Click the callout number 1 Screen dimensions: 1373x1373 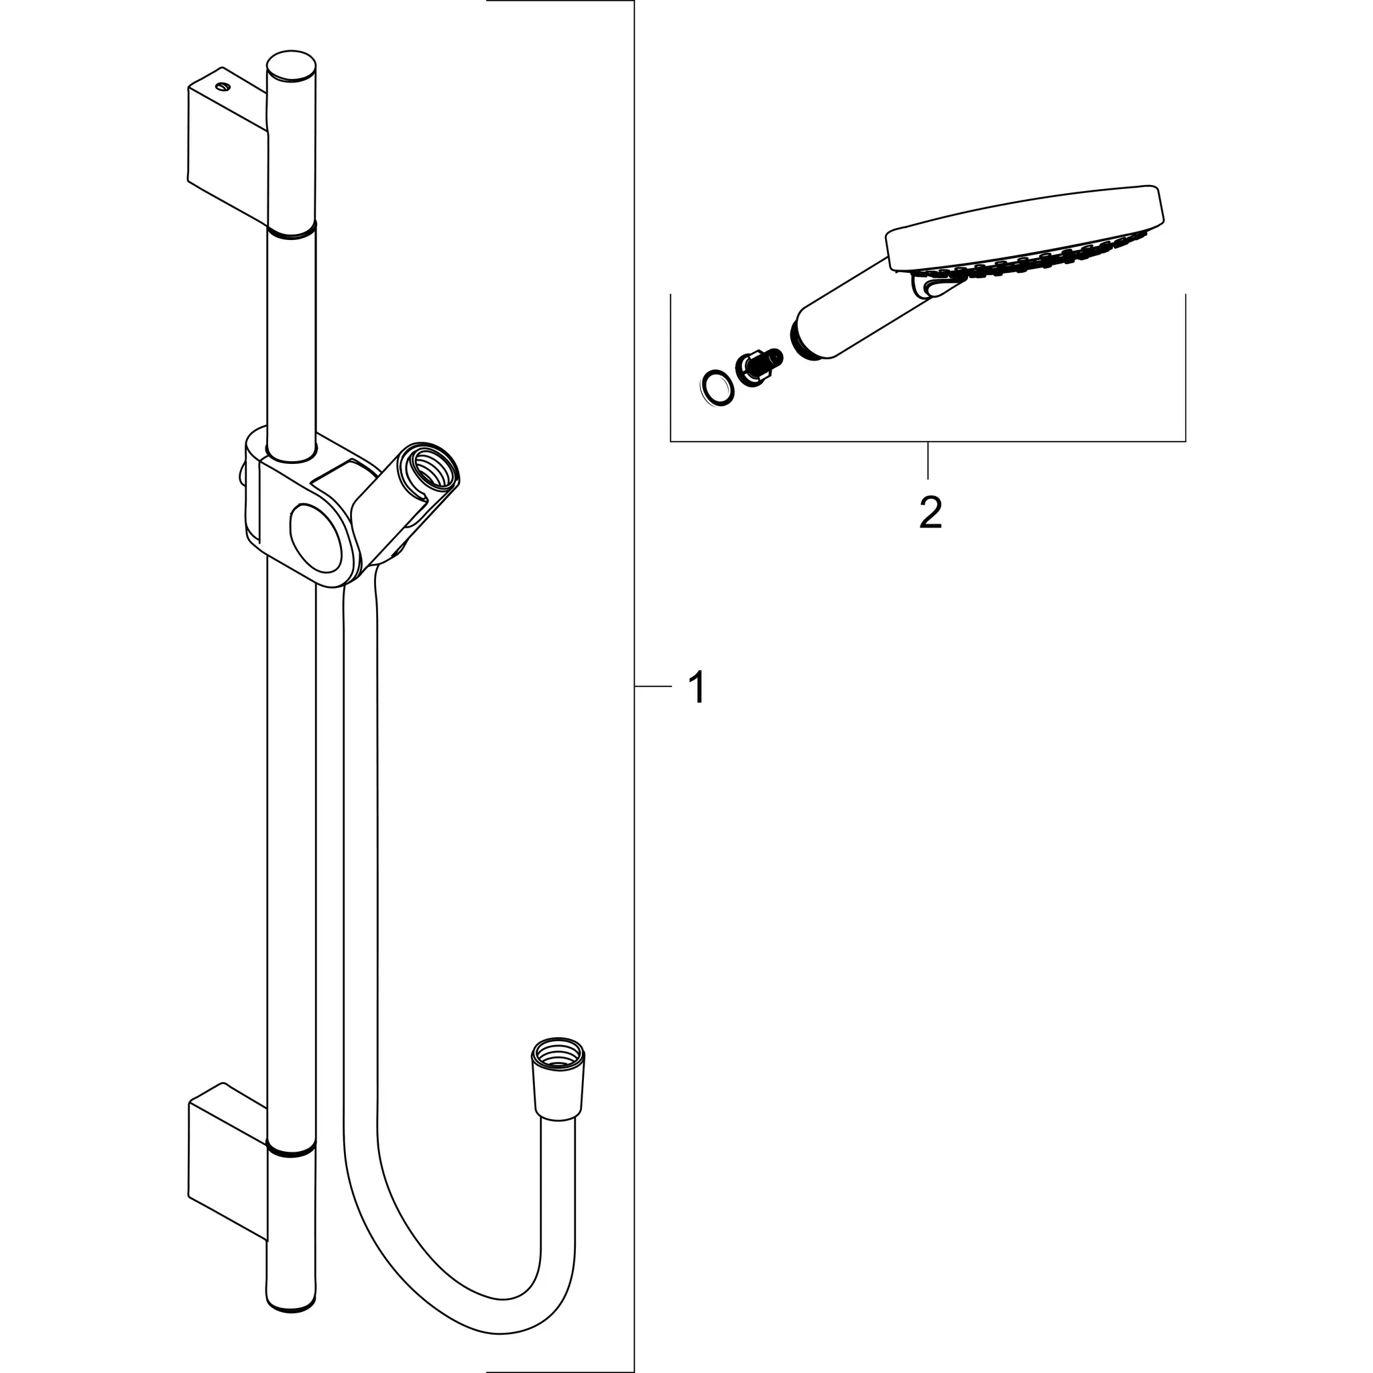[x=698, y=687]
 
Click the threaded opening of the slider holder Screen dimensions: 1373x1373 [x=430, y=470]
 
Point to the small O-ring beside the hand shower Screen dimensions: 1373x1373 [x=714, y=390]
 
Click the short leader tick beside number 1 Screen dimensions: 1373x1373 [x=652, y=686]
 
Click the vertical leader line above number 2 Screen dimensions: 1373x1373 [x=928, y=460]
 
